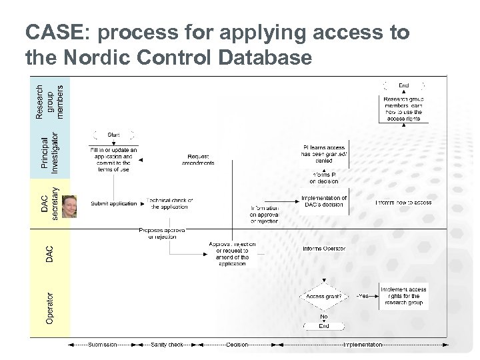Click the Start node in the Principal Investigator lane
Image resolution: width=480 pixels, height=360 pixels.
point(113,135)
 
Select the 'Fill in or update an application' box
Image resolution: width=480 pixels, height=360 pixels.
point(113,159)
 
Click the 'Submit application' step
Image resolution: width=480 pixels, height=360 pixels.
point(113,203)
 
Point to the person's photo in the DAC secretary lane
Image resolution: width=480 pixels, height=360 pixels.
point(69,206)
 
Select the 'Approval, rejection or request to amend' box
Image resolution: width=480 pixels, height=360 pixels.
point(233,254)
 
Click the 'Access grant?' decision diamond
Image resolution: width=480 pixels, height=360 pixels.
point(323,296)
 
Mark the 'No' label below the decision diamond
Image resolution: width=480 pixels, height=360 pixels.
point(323,317)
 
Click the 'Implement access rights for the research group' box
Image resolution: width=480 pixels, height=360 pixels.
point(403,296)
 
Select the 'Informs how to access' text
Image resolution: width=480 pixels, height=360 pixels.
point(403,203)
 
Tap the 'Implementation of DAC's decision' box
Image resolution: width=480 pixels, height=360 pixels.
point(323,201)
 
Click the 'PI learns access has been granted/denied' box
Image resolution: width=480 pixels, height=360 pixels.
point(323,153)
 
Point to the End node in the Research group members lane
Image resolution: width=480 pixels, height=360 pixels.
point(404,85)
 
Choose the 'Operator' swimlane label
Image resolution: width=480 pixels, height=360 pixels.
point(49,305)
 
